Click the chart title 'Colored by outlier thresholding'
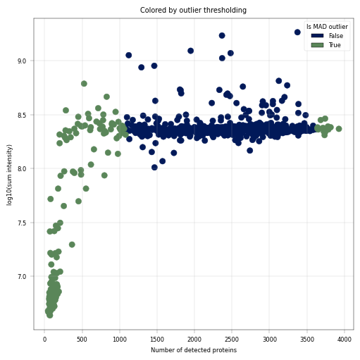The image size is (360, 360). point(193,11)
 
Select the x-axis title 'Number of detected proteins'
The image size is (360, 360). point(194,350)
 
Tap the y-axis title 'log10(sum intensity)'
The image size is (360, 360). point(9,175)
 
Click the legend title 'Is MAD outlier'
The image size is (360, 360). point(327,27)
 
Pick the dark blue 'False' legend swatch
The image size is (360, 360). point(317,36)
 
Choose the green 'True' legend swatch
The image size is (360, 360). point(317,45)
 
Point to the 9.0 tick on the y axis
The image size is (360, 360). point(22,61)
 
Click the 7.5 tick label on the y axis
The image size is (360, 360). point(22,223)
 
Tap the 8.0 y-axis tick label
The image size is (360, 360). point(22,169)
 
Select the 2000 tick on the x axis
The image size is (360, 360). point(194,340)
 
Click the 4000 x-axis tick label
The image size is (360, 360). point(345,340)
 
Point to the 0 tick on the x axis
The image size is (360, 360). point(44,340)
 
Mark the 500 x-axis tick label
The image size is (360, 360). point(82,340)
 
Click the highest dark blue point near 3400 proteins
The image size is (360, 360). point(297,32)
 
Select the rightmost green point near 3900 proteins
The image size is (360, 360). point(339,129)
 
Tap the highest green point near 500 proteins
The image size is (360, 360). point(84,84)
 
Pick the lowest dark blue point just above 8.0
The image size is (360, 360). point(154,168)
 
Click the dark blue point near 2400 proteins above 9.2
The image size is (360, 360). point(222,36)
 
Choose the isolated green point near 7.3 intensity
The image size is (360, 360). point(72,244)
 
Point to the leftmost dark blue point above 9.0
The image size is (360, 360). point(129,56)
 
